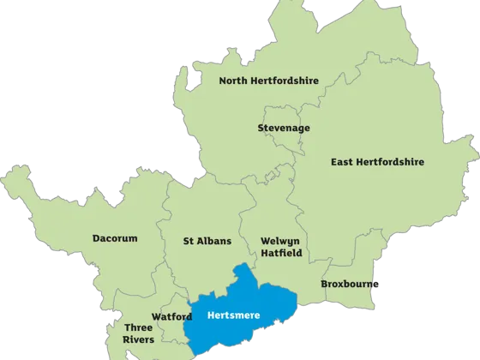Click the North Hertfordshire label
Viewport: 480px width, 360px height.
[x=268, y=81]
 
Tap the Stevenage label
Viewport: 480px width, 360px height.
[x=283, y=129]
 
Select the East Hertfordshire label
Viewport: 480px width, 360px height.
[x=378, y=161]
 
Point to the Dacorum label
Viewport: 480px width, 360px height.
[x=115, y=238]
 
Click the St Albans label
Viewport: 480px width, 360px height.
[x=207, y=241]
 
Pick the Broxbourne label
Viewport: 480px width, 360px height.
[x=351, y=284]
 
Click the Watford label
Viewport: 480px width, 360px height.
[x=172, y=316]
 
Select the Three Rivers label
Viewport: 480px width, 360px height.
[x=138, y=333]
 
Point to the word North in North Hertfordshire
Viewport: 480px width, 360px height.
[x=234, y=81]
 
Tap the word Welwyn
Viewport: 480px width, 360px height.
[x=280, y=242]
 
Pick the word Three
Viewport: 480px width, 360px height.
[x=138, y=327]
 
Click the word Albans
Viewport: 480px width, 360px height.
[x=215, y=241]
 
